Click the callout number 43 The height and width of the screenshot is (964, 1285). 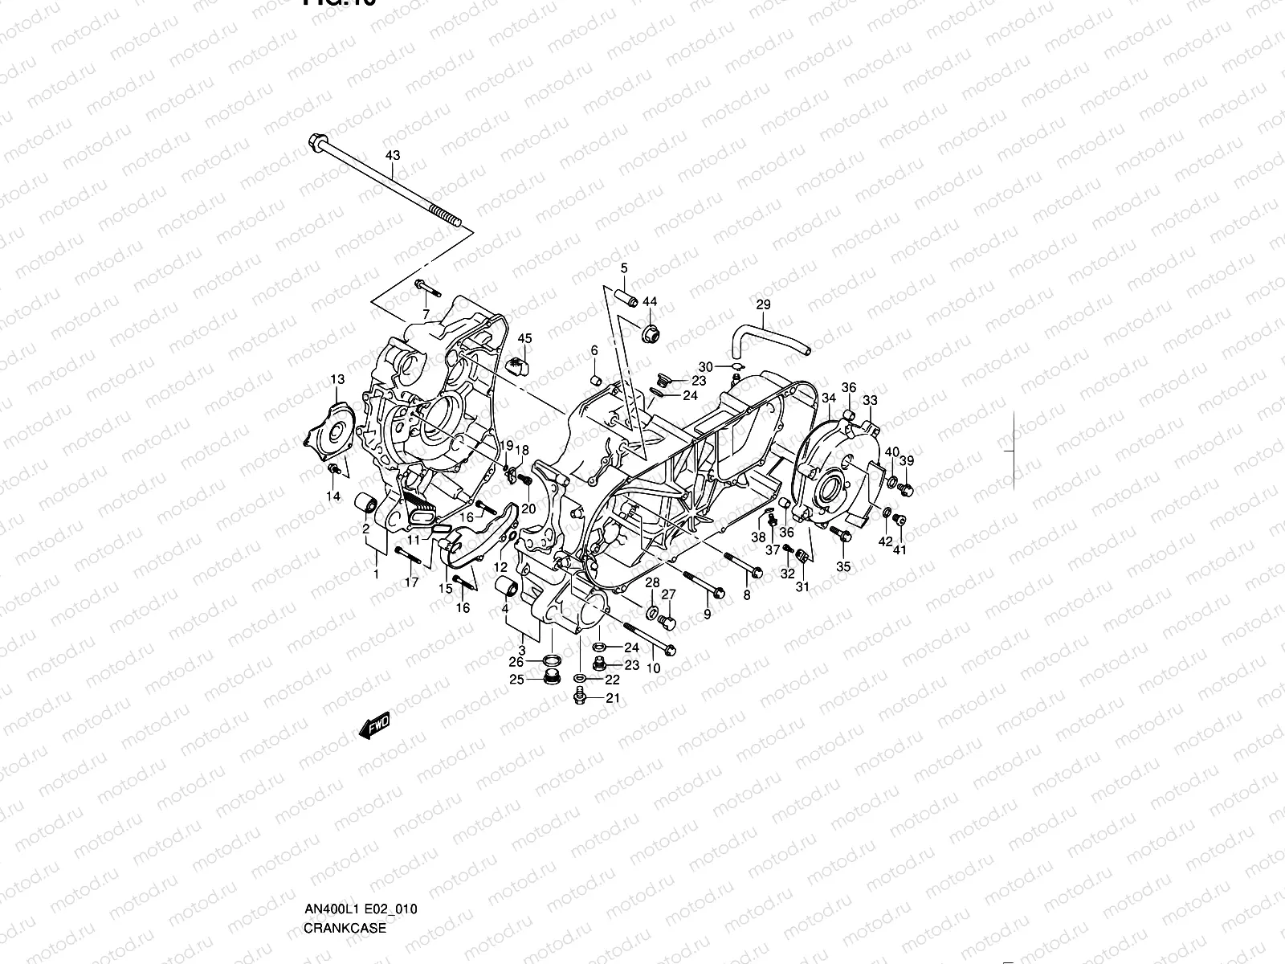392,154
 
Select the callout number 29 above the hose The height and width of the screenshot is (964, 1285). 763,304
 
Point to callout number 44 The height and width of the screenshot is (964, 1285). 649,301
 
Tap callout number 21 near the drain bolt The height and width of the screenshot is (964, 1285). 612,698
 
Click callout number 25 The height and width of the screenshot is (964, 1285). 517,680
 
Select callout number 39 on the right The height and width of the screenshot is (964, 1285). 907,460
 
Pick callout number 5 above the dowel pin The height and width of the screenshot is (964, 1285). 623,268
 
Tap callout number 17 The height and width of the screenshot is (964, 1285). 411,583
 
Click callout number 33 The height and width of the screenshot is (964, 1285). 870,400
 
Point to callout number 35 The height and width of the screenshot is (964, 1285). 843,566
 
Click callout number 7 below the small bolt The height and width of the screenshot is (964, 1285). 426,313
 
